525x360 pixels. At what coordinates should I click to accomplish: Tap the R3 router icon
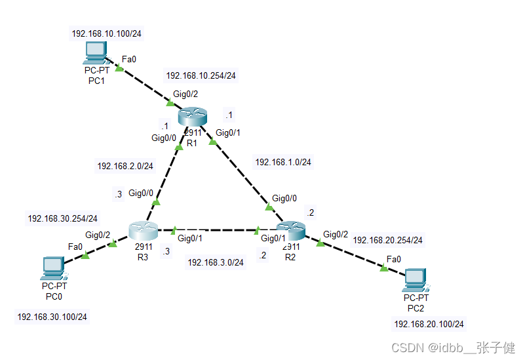[144, 230]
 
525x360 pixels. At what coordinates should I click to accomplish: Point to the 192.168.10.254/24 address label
[201, 75]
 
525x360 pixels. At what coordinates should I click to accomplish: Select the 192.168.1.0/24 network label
[283, 162]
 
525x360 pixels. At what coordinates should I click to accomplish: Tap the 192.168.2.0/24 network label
[125, 166]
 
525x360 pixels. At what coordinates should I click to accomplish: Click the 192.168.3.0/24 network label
[216, 262]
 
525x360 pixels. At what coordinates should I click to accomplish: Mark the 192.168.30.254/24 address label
[62, 218]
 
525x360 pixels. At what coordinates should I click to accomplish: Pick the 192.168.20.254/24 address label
[387, 240]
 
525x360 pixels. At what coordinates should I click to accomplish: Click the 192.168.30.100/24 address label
[52, 317]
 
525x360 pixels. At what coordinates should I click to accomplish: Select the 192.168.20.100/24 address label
[429, 324]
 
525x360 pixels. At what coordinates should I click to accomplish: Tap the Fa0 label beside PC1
[129, 59]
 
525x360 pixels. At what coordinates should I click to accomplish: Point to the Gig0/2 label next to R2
[336, 234]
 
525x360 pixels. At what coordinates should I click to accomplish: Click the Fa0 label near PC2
[394, 259]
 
